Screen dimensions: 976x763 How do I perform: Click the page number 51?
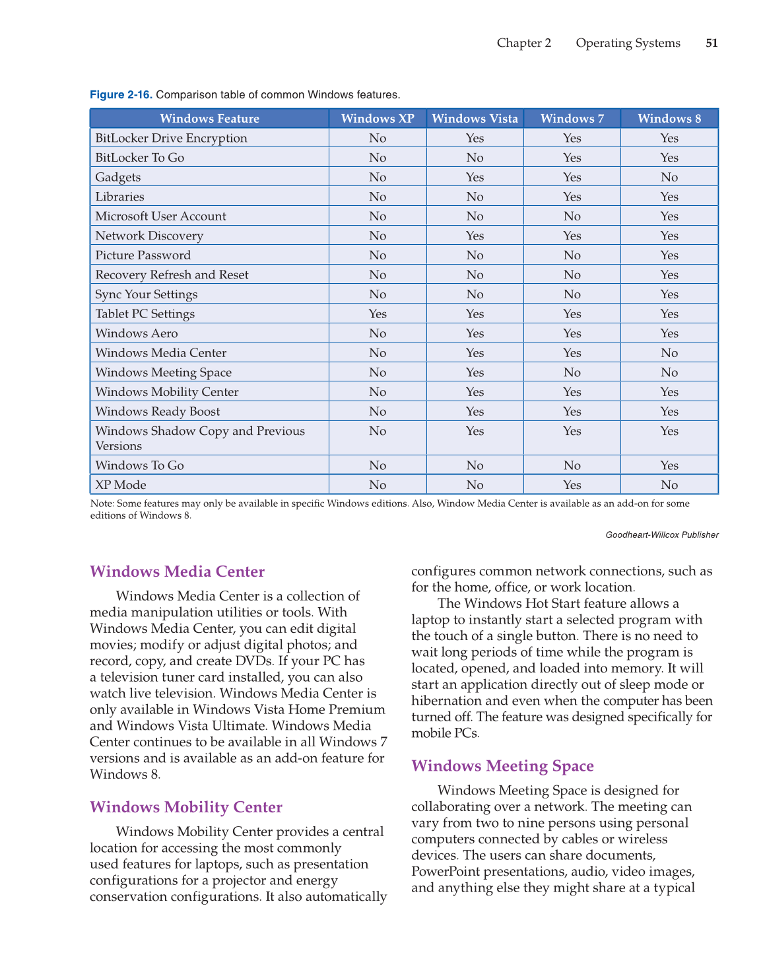click(x=712, y=43)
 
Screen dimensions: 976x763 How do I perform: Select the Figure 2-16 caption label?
click(x=121, y=95)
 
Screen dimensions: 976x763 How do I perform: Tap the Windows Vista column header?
click(x=475, y=119)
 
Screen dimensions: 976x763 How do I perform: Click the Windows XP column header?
click(x=378, y=119)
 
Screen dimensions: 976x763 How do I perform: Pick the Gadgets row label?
click(x=118, y=177)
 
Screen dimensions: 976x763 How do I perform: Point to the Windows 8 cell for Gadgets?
click(x=669, y=177)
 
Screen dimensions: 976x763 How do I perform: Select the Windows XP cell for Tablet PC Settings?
click(x=378, y=314)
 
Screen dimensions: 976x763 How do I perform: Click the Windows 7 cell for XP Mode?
click(x=572, y=485)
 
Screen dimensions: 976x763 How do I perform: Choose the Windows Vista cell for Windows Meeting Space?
click(x=475, y=372)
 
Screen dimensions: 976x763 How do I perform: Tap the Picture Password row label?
click(x=143, y=255)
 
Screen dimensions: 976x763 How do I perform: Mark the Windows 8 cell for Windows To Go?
click(x=669, y=465)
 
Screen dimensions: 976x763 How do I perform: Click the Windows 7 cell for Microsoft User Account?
click(x=572, y=216)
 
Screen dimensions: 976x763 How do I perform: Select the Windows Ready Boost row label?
click(x=157, y=412)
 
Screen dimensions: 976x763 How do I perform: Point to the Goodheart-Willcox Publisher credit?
click(x=661, y=535)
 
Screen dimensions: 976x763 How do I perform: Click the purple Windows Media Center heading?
click(x=177, y=571)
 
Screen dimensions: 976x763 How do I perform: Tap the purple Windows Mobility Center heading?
click(x=185, y=807)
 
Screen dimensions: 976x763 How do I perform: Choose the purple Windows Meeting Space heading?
click(x=502, y=765)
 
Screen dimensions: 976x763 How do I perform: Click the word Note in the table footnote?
click(x=101, y=504)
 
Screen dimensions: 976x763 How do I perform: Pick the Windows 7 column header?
click(x=572, y=119)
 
